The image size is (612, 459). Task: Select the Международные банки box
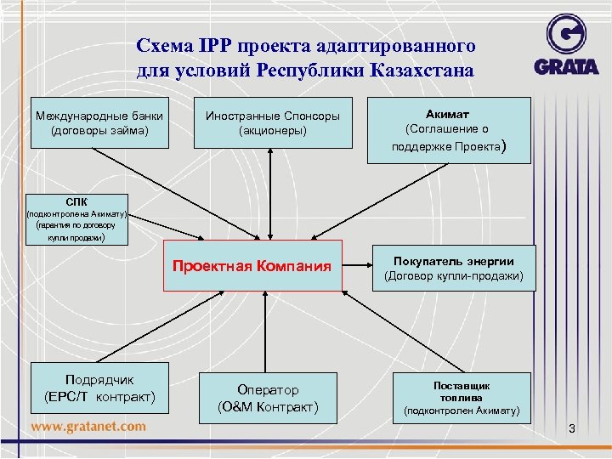coord(99,123)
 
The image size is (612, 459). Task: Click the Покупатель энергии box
coord(454,269)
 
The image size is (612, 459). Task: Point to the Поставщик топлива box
coord(462,398)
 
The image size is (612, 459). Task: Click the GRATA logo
coord(567,47)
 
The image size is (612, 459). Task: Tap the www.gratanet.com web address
coord(88,426)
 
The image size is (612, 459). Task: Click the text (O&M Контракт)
coord(269,408)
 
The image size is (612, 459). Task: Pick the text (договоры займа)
coord(99,131)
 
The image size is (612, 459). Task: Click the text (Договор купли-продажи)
coord(454,276)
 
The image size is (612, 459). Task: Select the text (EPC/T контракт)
coord(99,397)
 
